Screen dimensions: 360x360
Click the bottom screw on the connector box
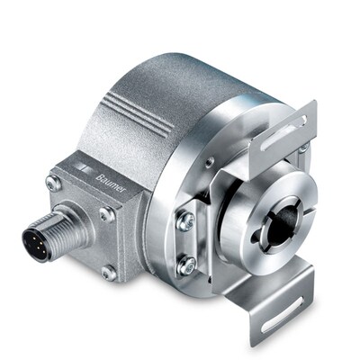click(x=109, y=270)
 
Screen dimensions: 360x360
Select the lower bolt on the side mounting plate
click(x=187, y=265)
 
